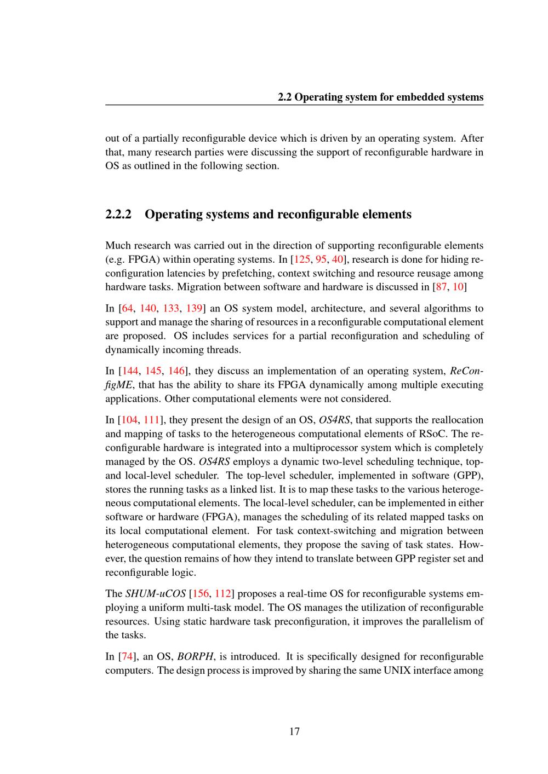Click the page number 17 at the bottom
coord(294,732)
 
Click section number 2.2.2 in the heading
coord(118,214)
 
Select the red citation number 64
coord(125,308)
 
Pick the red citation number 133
coord(171,308)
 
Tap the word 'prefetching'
coord(274,273)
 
